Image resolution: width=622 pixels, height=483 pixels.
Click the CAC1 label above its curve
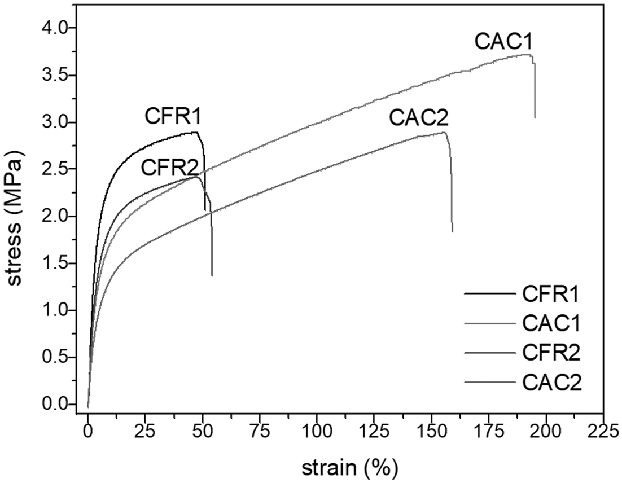[x=504, y=41]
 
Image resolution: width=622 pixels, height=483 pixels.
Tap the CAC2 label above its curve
[x=418, y=118]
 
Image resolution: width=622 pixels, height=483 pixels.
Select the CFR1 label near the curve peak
[x=173, y=116]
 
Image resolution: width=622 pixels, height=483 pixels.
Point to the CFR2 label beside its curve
[x=169, y=167]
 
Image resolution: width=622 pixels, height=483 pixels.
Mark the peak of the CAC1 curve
[x=528, y=55]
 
